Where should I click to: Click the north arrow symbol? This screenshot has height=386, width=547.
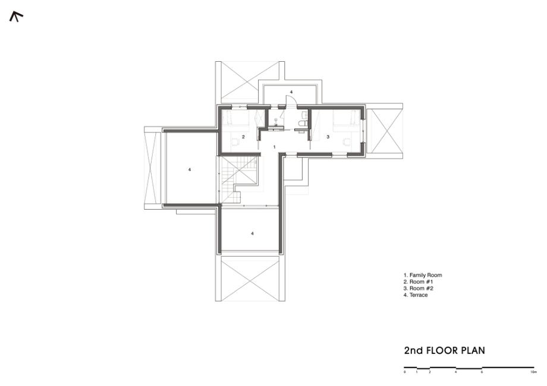click(x=15, y=15)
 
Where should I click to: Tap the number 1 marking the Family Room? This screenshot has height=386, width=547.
click(x=275, y=147)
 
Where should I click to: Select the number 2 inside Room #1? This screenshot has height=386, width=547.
click(x=243, y=137)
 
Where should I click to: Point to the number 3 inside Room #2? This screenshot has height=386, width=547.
click(x=328, y=137)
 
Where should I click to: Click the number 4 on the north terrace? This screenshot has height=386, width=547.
click(x=291, y=92)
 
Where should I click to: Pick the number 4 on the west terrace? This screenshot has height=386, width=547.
click(x=190, y=170)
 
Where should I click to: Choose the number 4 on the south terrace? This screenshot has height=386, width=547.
click(x=252, y=233)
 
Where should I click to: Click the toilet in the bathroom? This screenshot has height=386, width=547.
click(x=303, y=124)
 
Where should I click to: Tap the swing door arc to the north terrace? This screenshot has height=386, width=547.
click(x=293, y=99)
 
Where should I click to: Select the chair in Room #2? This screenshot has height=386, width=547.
click(x=346, y=142)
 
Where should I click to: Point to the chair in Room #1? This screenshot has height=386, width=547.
click(x=235, y=142)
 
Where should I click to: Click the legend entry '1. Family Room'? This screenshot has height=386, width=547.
click(x=423, y=275)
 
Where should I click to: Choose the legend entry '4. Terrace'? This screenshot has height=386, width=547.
click(x=416, y=295)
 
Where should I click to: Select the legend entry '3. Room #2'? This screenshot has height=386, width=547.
click(x=418, y=289)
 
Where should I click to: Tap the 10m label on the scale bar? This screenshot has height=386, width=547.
click(x=533, y=372)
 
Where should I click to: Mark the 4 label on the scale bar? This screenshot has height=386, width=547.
click(x=455, y=372)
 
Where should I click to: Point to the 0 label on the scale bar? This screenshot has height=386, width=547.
click(x=405, y=372)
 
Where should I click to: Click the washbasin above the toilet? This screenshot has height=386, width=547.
click(x=305, y=114)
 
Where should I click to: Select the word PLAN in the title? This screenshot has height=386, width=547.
click(x=473, y=350)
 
